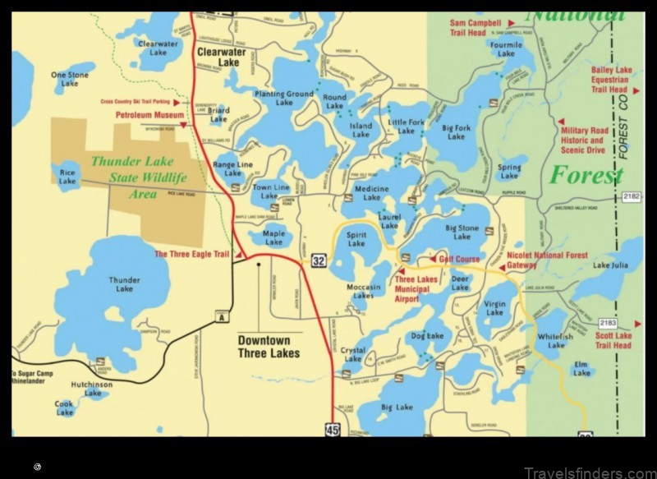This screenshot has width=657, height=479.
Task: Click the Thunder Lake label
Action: pos(124,284)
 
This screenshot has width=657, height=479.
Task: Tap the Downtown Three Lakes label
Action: pos(269,347)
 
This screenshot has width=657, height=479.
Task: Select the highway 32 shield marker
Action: pos(319,260)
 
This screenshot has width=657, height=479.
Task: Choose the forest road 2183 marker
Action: pos(631,322)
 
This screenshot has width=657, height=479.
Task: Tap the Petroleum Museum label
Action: pos(148,115)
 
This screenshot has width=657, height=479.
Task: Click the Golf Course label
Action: pos(459,259)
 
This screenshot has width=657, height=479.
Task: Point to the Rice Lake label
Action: pos(67,176)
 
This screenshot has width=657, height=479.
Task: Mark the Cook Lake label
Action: pos(65,408)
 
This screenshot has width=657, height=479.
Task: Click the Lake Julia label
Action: pos(610,265)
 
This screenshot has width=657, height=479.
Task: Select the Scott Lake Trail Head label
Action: pos(613,340)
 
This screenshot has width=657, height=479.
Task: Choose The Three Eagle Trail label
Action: pos(192,254)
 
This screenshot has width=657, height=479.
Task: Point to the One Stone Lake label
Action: pos(70,79)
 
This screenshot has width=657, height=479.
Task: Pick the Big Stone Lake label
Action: pos(462,232)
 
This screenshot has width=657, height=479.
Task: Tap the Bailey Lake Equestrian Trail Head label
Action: pos(610,81)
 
